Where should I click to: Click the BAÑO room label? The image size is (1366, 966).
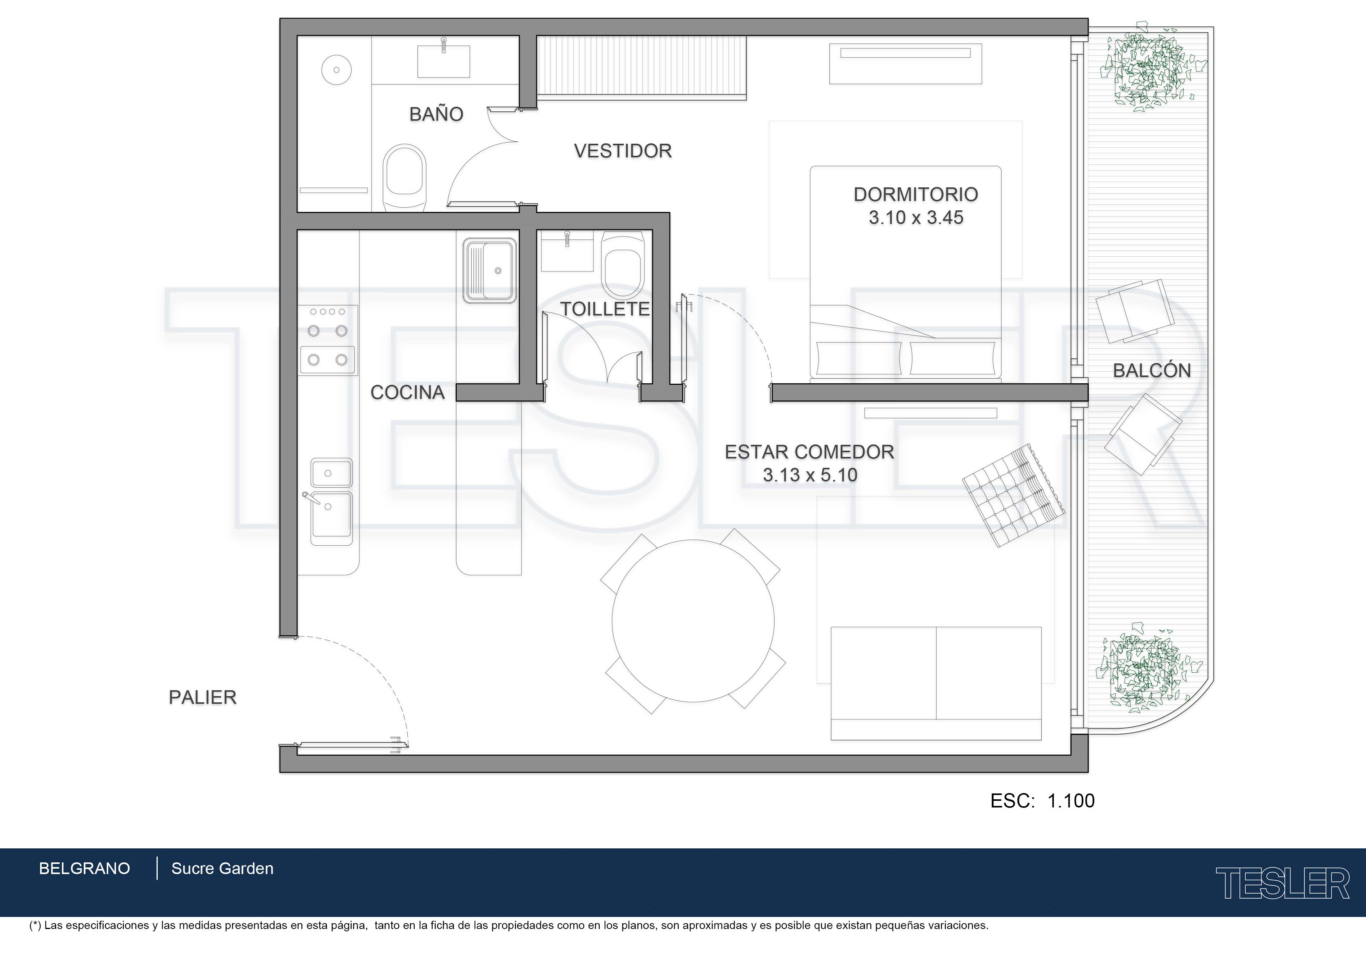[436, 114]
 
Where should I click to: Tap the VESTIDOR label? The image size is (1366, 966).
[623, 151]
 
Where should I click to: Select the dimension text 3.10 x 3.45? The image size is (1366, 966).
[915, 217]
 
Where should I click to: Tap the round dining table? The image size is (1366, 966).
[693, 621]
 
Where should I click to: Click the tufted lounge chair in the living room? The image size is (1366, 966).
[1014, 495]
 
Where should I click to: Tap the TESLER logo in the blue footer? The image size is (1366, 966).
[1282, 883]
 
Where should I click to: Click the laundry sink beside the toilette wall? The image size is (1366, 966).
[489, 271]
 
